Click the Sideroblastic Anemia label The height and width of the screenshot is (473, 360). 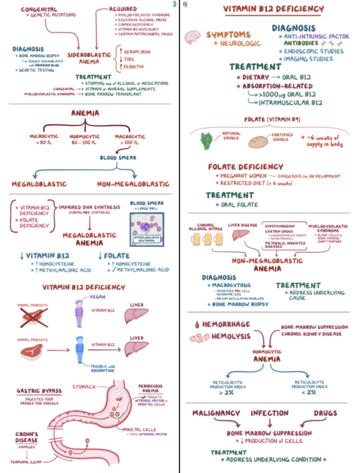[85, 59]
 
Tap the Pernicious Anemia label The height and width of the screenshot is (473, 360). [151, 388]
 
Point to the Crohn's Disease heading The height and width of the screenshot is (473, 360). [27, 437]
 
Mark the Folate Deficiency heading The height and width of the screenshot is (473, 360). [245, 167]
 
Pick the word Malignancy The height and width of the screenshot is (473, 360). [216, 413]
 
